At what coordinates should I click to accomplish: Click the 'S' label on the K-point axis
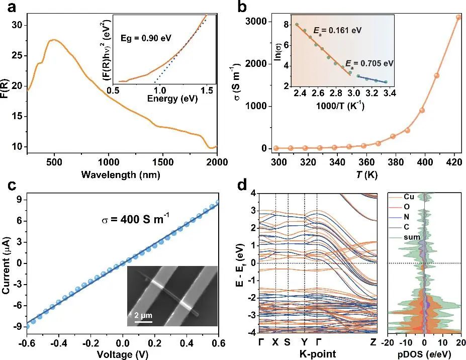pyautogui.click(x=287, y=342)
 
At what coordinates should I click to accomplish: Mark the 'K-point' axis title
pyautogui.click(x=316, y=354)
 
